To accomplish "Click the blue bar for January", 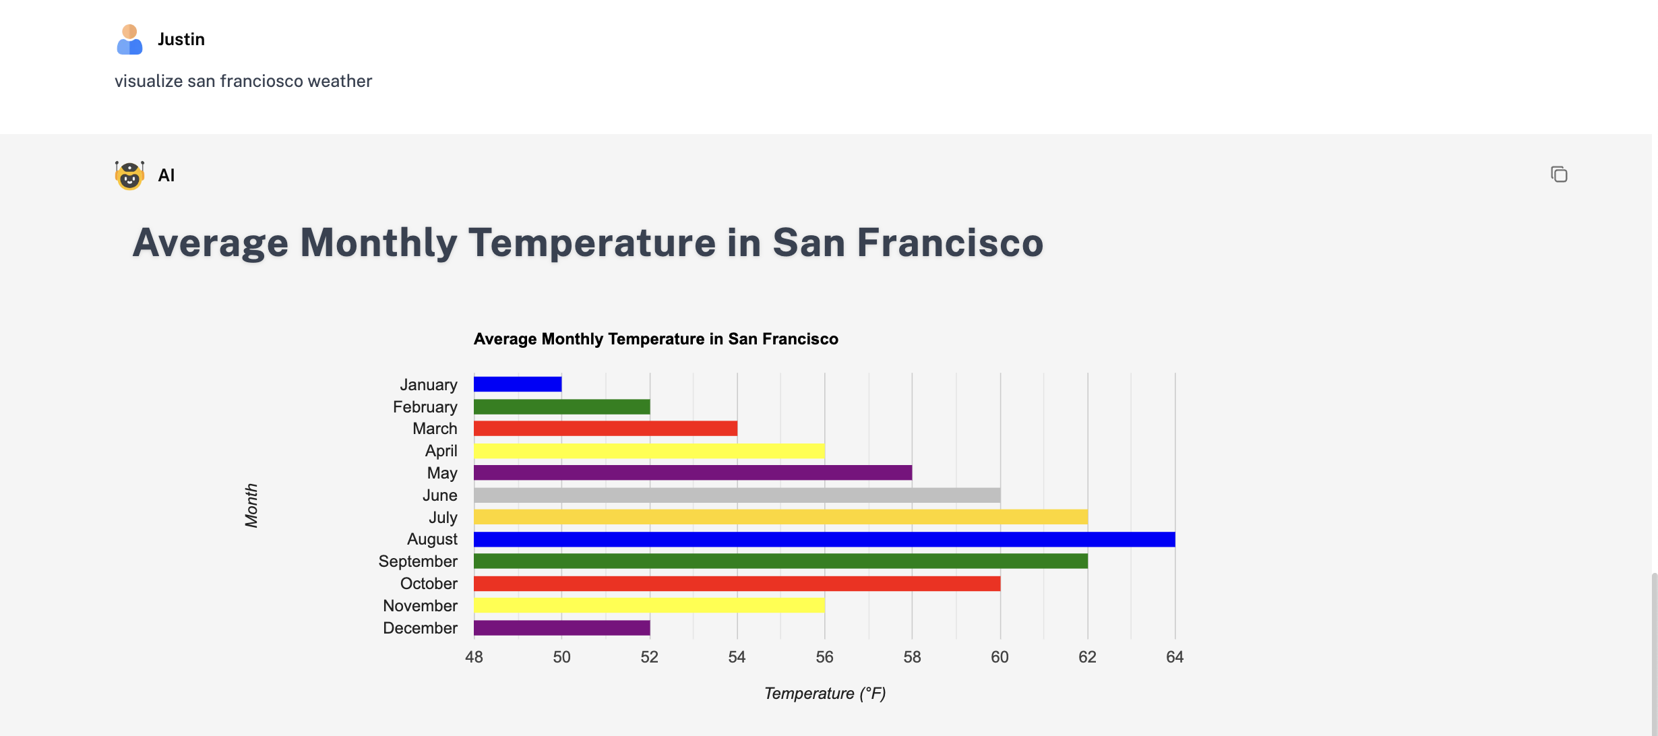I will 518,384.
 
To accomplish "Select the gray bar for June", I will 737,495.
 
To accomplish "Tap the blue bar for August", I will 824,539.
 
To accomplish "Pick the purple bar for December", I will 561,628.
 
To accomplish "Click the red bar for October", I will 737,584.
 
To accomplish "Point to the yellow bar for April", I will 649,451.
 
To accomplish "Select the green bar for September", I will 780,561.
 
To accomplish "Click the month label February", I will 425,407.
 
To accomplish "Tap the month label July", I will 443,518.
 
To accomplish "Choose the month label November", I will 420,606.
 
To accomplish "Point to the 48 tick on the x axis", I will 474,657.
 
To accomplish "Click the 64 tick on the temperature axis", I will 1175,657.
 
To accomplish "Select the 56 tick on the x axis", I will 824,657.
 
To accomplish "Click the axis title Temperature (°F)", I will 825,694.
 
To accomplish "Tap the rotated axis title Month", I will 251,505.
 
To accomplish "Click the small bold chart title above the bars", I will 656,339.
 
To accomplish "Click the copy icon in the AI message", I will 1559,175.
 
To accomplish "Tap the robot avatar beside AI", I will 129,175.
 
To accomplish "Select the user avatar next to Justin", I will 129,40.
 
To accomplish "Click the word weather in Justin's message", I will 340,82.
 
